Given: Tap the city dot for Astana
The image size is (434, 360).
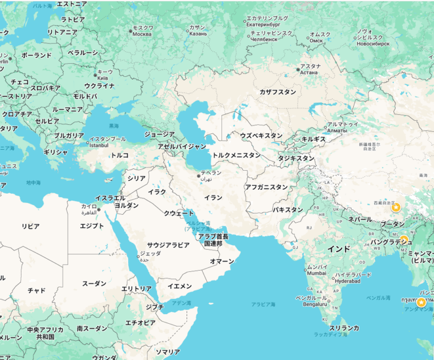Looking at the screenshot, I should click(x=298, y=70).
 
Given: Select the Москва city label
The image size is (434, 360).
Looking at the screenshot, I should click(x=142, y=34).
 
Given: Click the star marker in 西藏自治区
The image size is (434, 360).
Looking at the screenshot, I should click(x=396, y=207).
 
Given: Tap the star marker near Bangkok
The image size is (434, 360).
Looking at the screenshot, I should click(x=421, y=302).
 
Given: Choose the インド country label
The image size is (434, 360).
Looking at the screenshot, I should click(x=339, y=248).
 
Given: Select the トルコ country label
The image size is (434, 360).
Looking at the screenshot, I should click(x=119, y=155).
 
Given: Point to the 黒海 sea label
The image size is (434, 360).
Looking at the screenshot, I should click(x=114, y=126).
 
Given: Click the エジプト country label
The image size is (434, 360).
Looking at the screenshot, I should click(x=92, y=226).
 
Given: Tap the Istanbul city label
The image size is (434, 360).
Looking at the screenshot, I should click(x=98, y=145).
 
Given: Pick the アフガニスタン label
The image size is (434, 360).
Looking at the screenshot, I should click(x=266, y=187).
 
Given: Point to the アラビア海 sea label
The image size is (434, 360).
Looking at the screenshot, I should click(x=263, y=304).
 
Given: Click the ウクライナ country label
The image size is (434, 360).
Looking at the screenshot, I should click(x=99, y=86).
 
